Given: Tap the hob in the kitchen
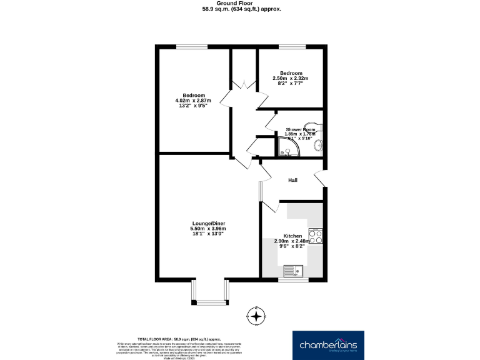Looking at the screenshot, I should tap(317, 236).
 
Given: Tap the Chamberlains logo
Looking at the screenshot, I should tap(329, 344).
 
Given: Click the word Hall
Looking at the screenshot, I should tap(292, 180).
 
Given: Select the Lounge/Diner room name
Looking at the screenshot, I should tap(208, 224).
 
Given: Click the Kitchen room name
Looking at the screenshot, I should tap(291, 236).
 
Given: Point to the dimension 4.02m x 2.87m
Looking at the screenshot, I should tap(193, 101).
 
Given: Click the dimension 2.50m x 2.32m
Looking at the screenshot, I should tap(291, 78).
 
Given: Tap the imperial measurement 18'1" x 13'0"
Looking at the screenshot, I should tap(208, 234).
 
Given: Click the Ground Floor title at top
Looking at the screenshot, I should tap(241, 4).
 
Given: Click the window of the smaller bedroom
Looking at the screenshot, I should tap(292, 46).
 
